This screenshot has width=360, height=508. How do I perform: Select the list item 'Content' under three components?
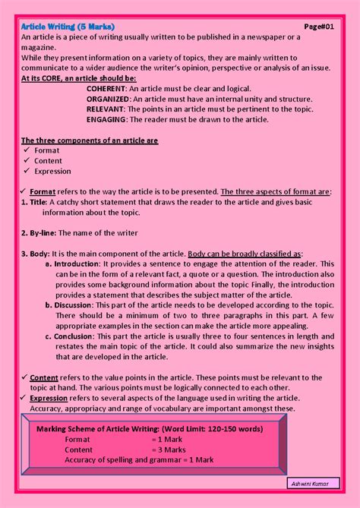(48, 161)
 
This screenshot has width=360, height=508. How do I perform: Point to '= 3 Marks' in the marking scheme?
(168, 450)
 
